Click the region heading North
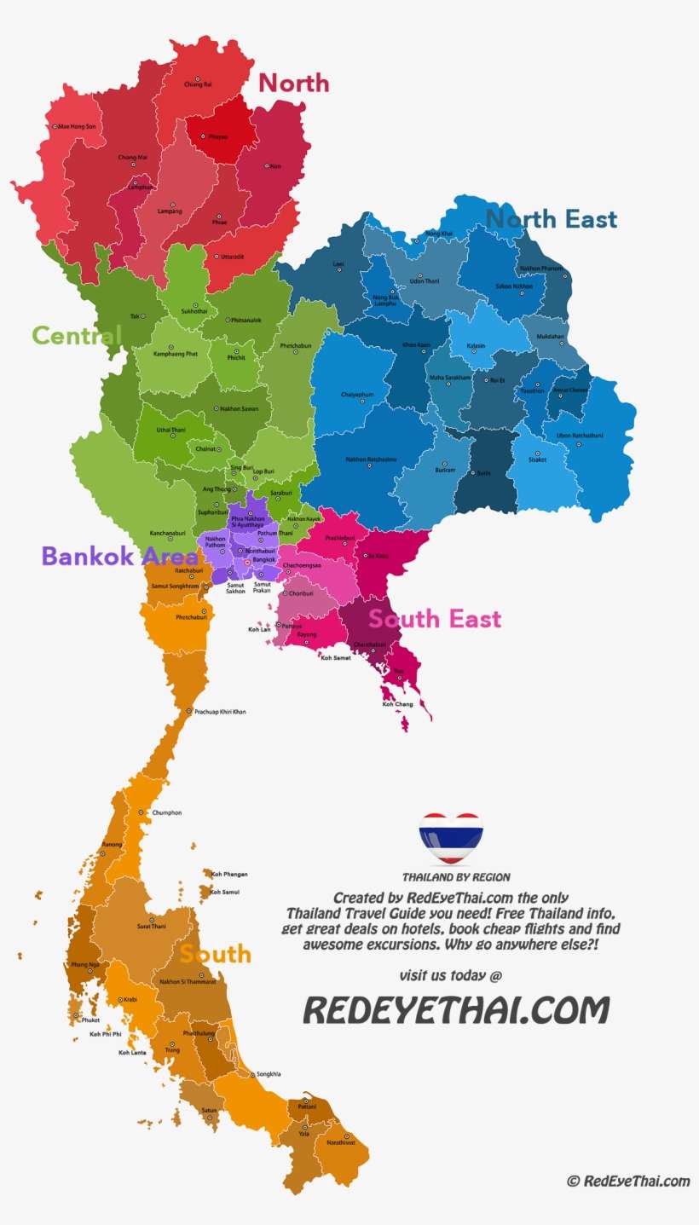point(293,83)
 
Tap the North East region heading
point(552,219)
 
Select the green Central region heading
point(77,335)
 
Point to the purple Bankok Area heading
point(119,556)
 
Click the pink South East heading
point(436,618)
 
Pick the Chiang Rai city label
point(198,84)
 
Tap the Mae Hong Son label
point(78,126)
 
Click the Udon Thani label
point(424,280)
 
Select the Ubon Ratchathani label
point(580,436)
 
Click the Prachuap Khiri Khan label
point(220,711)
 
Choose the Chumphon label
point(166,812)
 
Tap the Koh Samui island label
point(225,892)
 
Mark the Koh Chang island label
point(397,704)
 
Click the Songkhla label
point(269,1074)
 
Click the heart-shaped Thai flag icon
point(451,839)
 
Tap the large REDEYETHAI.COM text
point(457,1010)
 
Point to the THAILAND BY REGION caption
point(457,876)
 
